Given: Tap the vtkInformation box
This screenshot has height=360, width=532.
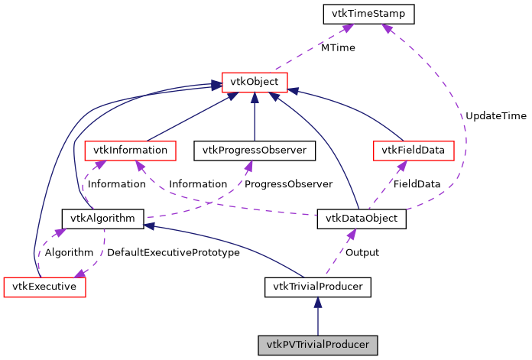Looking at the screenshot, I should click(x=130, y=150).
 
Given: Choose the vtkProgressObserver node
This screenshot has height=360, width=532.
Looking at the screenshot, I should click(x=255, y=150).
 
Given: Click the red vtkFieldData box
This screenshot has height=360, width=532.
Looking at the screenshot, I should click(x=411, y=150).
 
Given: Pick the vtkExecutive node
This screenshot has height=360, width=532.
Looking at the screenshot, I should click(x=44, y=287).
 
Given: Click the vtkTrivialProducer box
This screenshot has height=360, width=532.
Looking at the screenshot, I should click(x=317, y=287).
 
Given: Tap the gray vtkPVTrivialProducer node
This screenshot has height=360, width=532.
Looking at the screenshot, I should click(x=317, y=345).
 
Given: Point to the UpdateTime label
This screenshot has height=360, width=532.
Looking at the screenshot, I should click(x=496, y=115).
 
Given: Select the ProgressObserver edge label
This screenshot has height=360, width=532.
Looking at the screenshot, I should click(x=288, y=184).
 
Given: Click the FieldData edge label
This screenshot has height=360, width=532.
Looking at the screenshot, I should click(x=417, y=184).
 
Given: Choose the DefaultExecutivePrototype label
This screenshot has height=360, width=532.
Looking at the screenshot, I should click(x=174, y=252).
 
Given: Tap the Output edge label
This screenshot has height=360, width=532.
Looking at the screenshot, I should click(x=362, y=252).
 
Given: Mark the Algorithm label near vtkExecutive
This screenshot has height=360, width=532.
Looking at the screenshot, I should click(x=69, y=252).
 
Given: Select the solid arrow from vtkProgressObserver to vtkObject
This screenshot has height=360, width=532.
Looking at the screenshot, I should click(x=255, y=115).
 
